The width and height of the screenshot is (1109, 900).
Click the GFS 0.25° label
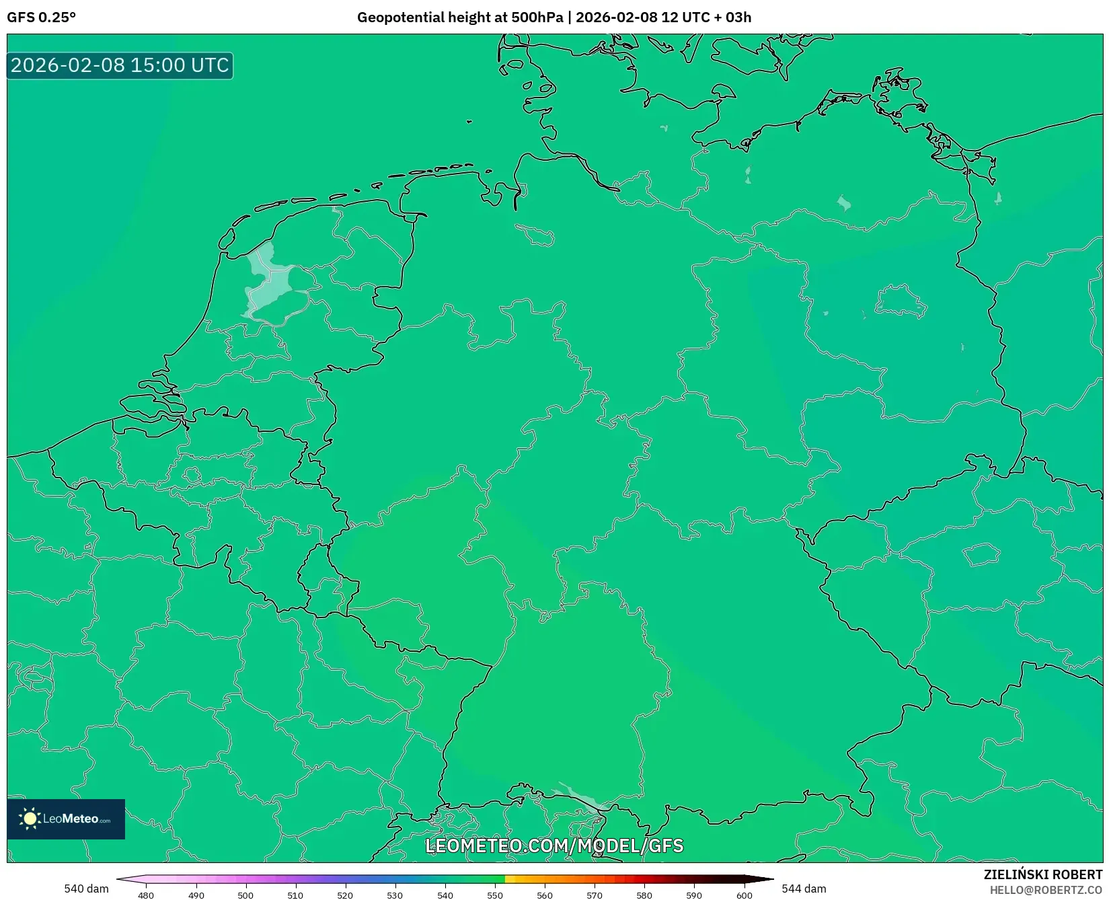[x=41, y=17]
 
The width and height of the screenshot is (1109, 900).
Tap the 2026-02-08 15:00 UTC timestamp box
[x=120, y=65]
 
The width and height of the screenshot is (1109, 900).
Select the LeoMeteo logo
[x=66, y=819]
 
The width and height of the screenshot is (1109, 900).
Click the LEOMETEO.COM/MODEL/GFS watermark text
[x=554, y=846]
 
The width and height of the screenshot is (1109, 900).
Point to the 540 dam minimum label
[x=86, y=889]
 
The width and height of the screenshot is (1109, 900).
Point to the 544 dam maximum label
[x=804, y=889]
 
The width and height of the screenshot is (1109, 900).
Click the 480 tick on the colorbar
[x=146, y=895]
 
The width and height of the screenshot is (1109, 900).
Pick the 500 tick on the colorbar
[x=245, y=895]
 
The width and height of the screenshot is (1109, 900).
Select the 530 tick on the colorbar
[x=395, y=895]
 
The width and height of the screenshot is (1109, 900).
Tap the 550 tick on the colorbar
[x=495, y=895]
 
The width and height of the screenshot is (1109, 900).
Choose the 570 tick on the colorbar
[x=595, y=895]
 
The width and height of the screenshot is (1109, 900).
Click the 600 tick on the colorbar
[x=744, y=895]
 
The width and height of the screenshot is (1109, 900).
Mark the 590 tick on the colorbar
[x=694, y=895]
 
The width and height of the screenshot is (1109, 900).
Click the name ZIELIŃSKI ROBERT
[x=1043, y=874]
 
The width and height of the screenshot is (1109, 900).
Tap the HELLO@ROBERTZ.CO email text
[x=1046, y=890]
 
